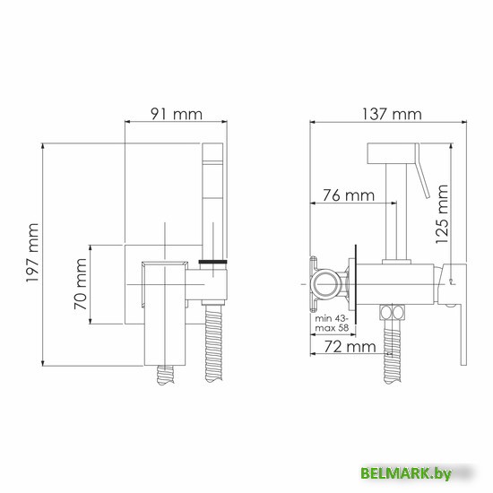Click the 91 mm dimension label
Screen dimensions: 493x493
(x=177, y=114)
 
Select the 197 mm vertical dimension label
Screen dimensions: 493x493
(x=32, y=253)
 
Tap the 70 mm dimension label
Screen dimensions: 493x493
(x=81, y=283)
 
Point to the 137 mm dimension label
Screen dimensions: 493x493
(x=392, y=114)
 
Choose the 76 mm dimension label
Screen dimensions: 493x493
(x=349, y=195)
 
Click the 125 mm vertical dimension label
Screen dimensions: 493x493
(x=442, y=214)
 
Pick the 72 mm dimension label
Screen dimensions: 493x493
(x=350, y=347)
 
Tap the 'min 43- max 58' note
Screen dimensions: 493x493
(x=332, y=324)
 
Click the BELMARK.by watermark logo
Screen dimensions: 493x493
(x=406, y=473)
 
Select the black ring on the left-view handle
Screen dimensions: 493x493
(x=212, y=262)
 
